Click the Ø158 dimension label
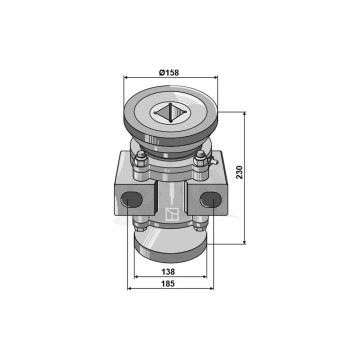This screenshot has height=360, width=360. point(169,72)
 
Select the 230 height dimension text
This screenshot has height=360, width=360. point(240,172)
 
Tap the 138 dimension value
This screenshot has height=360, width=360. point(168,272)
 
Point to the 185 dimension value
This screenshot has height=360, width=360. point(168,284)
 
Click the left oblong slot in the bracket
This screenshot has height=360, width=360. point(131,199)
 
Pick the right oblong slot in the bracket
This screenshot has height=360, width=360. point(211,199)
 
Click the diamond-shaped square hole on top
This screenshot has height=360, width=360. point(169,113)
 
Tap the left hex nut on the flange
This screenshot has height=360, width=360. point(141,160)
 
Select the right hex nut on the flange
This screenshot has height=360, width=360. point(200,160)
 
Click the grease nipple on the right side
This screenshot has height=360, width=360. point(213,161)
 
